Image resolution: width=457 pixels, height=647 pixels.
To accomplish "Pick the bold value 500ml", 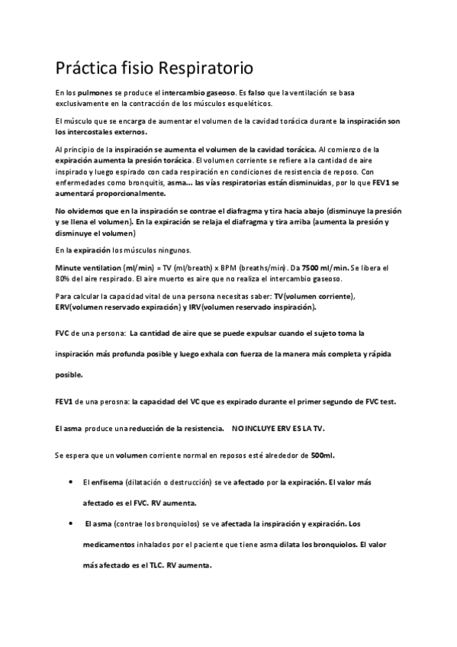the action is [323, 455].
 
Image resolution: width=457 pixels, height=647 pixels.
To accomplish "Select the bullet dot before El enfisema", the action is [70, 482].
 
